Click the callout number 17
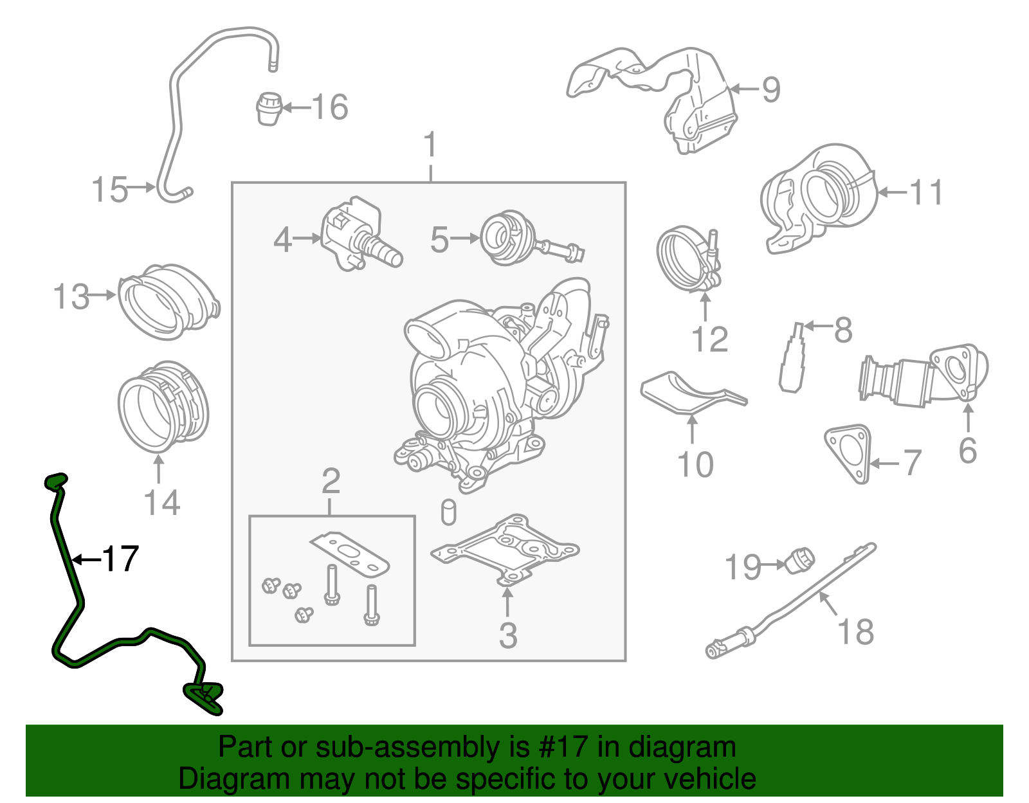pos(120,559)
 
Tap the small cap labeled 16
pos(269,108)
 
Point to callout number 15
pos(109,190)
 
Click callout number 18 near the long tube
pos(856,631)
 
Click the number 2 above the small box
pos(331,480)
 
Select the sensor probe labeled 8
pos(792,360)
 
